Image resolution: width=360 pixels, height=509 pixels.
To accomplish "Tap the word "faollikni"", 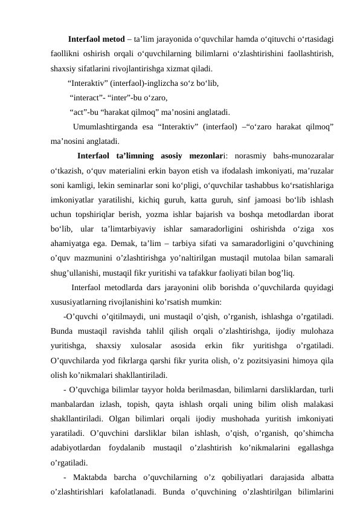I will pyautogui.click(x=68, y=54).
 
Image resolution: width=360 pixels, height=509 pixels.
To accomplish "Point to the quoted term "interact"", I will pyautogui.click(x=86, y=97).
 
